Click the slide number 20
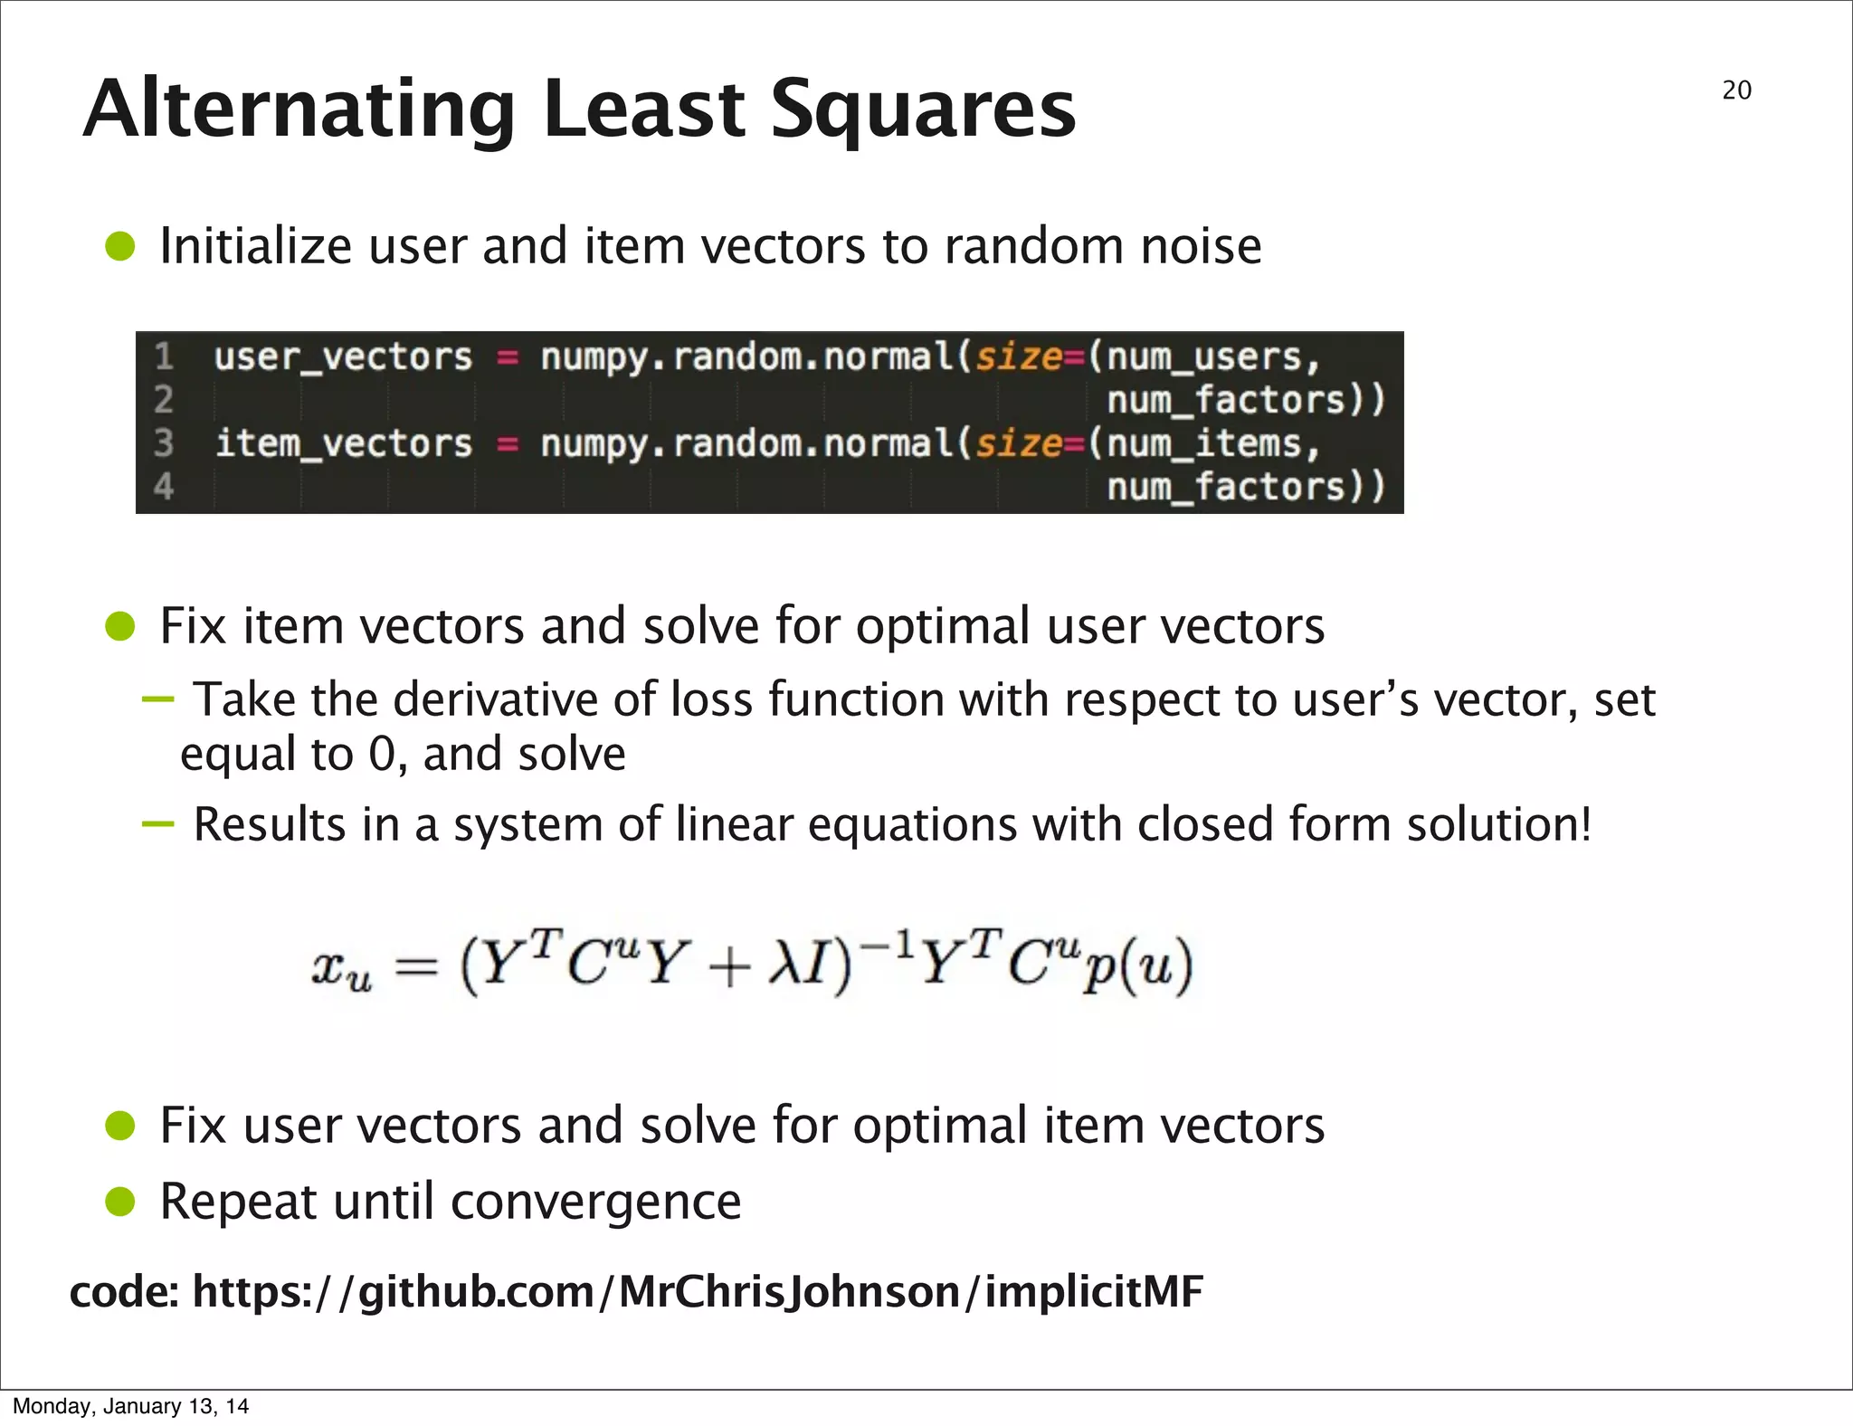(x=1736, y=90)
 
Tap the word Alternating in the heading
(x=299, y=110)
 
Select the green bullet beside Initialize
(x=120, y=246)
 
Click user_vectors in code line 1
(x=343, y=357)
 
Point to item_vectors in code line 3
(x=344, y=444)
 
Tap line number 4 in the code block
(x=164, y=487)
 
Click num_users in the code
(x=1203, y=357)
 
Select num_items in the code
(x=1203, y=444)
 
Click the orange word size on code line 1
(x=1018, y=357)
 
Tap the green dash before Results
(x=157, y=824)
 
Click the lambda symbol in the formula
(x=784, y=965)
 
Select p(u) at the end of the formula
(x=1137, y=966)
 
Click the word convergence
(x=595, y=1202)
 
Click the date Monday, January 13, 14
(x=130, y=1406)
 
